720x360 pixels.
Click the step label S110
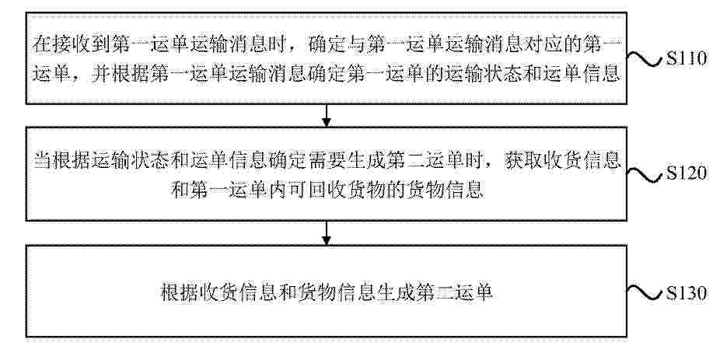687,60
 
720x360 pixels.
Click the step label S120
687,174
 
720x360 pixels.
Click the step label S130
687,293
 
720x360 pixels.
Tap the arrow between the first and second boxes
326,115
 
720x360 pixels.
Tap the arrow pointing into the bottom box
326,233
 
